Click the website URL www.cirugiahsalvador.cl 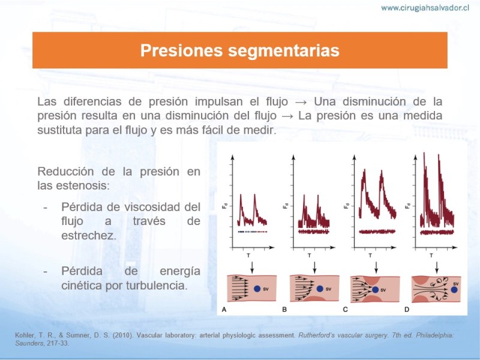click(x=425, y=8)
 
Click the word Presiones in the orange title click(x=181, y=50)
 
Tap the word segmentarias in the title click(x=284, y=51)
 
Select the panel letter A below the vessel click(x=224, y=310)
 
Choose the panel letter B click(x=284, y=310)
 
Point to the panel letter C click(x=346, y=310)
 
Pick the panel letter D click(x=407, y=310)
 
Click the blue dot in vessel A click(x=257, y=289)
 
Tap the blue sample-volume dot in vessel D click(x=454, y=289)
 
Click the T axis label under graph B click(x=309, y=255)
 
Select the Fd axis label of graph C click(x=346, y=206)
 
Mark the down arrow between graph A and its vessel click(x=252, y=267)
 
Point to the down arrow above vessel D click(x=437, y=267)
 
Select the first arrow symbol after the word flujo click(x=301, y=101)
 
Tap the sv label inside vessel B click(x=328, y=289)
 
